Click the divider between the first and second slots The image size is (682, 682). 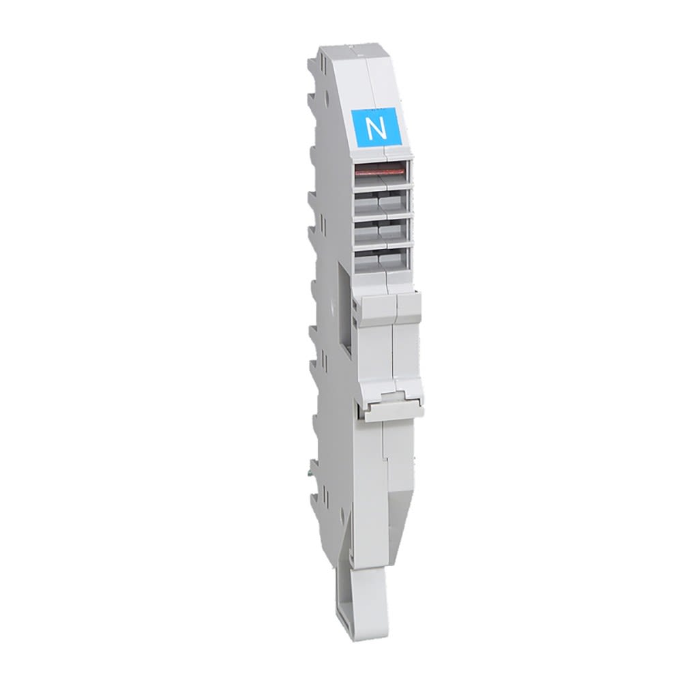coord(381,183)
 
